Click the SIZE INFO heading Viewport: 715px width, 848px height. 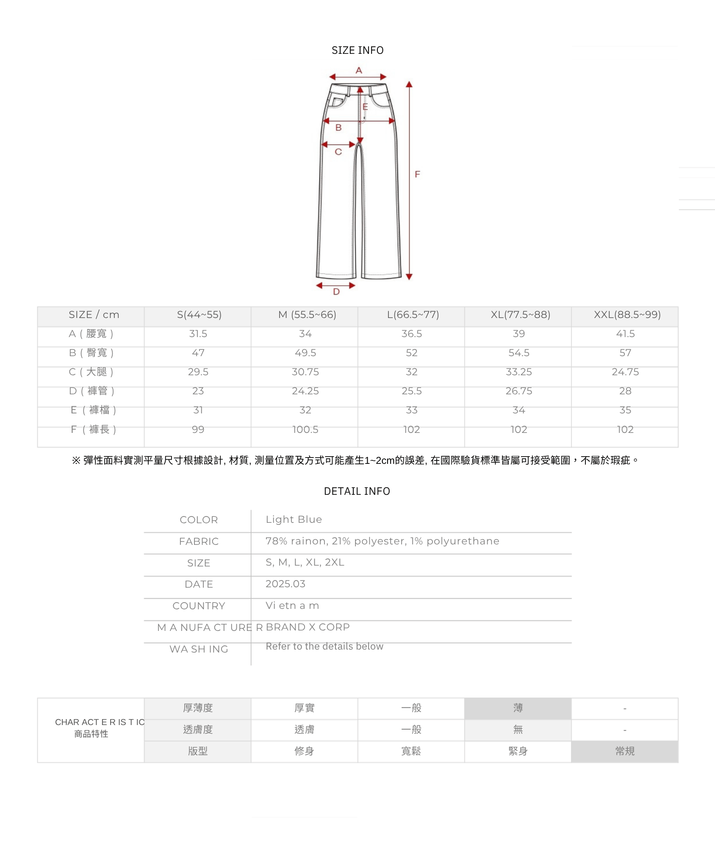tap(357, 50)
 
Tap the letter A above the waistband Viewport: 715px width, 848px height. tap(359, 70)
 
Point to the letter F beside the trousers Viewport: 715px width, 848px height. tap(417, 174)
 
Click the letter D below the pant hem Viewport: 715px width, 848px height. tap(336, 292)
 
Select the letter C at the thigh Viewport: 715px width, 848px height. tap(338, 152)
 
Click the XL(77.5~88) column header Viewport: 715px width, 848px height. tap(521, 315)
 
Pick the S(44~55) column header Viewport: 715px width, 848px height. tap(199, 315)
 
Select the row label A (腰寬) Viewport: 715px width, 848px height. tap(91, 334)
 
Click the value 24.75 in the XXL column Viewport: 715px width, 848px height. tap(625, 372)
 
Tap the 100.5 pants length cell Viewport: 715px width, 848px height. tap(305, 430)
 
